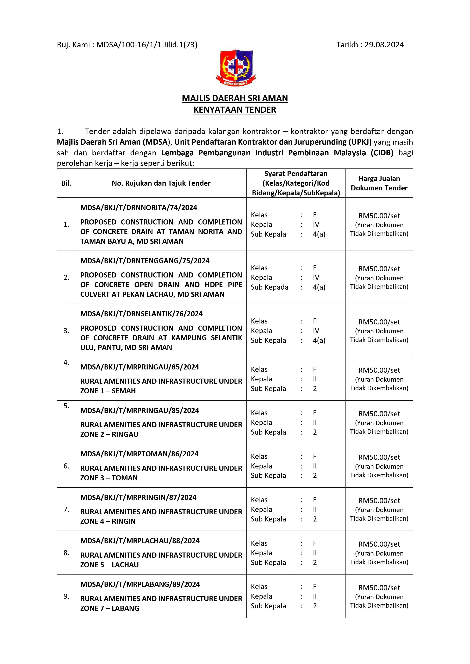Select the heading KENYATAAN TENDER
(235, 110)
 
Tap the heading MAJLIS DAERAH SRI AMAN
(235, 98)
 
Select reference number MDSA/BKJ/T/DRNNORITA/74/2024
(139, 208)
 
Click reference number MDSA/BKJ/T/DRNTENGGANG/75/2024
(145, 261)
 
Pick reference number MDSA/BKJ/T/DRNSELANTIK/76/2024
(141, 314)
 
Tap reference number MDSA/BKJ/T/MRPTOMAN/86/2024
(139, 454)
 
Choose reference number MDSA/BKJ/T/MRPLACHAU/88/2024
(140, 541)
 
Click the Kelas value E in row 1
(315, 215)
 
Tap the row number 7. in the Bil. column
(66, 509)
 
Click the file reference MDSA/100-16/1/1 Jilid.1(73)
(147, 45)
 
